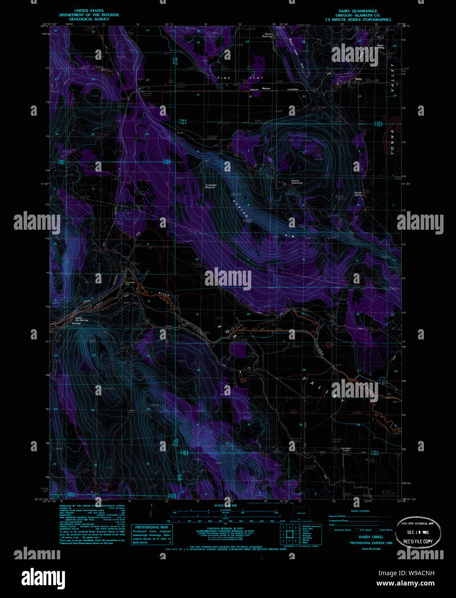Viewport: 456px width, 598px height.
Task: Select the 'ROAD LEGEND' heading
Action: coord(360,511)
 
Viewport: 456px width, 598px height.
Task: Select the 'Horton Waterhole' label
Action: coord(297,182)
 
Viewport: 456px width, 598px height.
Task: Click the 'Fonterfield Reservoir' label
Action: coord(210,186)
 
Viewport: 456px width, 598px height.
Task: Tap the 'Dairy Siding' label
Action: coord(381,46)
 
